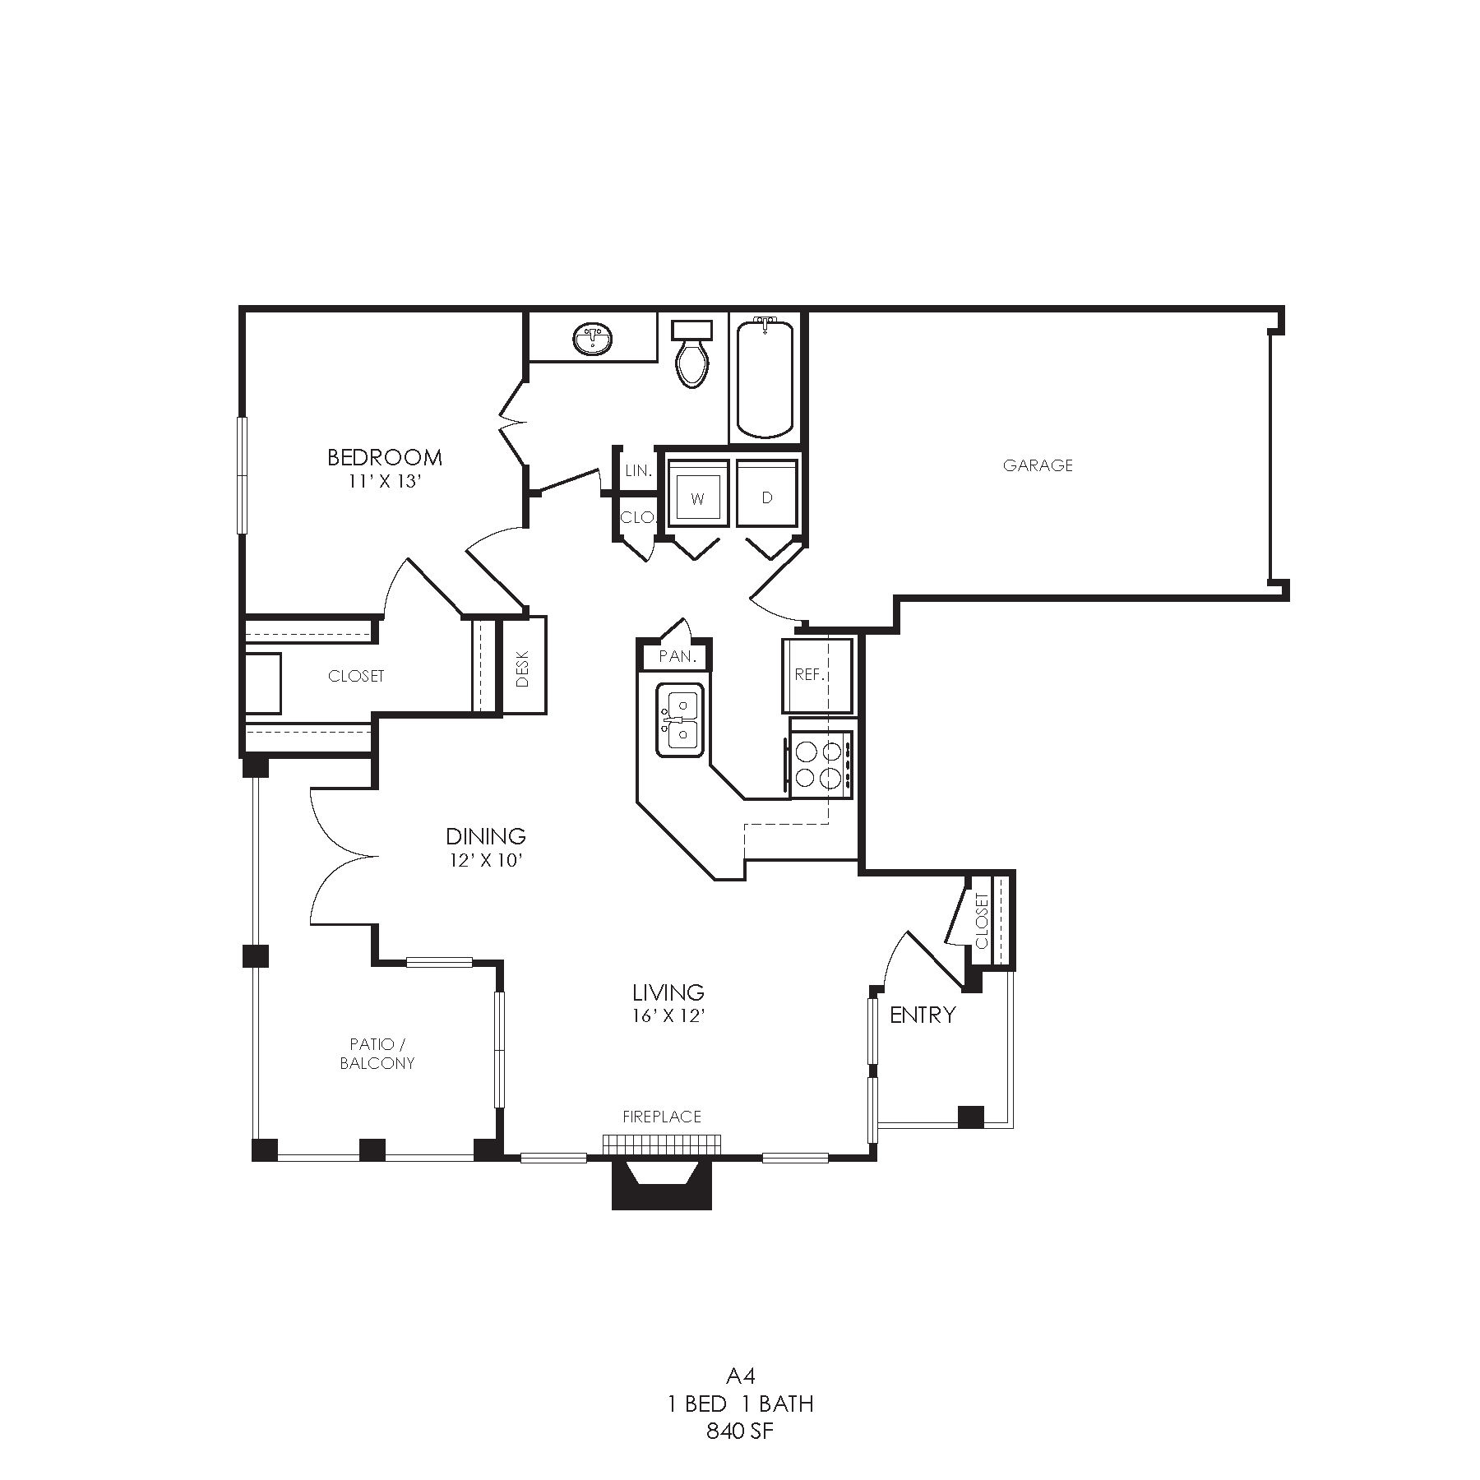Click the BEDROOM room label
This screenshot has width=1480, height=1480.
pyautogui.click(x=385, y=457)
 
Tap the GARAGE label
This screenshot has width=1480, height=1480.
pyautogui.click(x=1038, y=465)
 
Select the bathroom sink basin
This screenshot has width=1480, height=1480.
pyautogui.click(x=592, y=339)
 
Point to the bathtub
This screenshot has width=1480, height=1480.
pyautogui.click(x=765, y=378)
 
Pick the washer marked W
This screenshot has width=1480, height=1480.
pyautogui.click(x=698, y=493)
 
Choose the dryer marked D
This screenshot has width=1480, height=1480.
pyautogui.click(x=767, y=493)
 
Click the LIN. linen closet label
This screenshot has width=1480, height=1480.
pyautogui.click(x=639, y=471)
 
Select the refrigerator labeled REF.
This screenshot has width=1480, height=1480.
pyautogui.click(x=817, y=675)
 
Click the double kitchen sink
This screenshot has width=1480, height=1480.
pyautogui.click(x=680, y=719)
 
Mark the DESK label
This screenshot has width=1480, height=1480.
pyautogui.click(x=524, y=669)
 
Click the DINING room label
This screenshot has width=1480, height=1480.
pyautogui.click(x=486, y=836)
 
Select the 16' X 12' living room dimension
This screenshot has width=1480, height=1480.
pyautogui.click(x=668, y=1015)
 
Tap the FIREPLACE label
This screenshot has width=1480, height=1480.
pyautogui.click(x=662, y=1117)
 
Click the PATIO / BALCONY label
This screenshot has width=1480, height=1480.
pyautogui.click(x=377, y=1053)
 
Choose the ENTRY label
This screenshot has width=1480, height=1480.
pyautogui.click(x=923, y=1015)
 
